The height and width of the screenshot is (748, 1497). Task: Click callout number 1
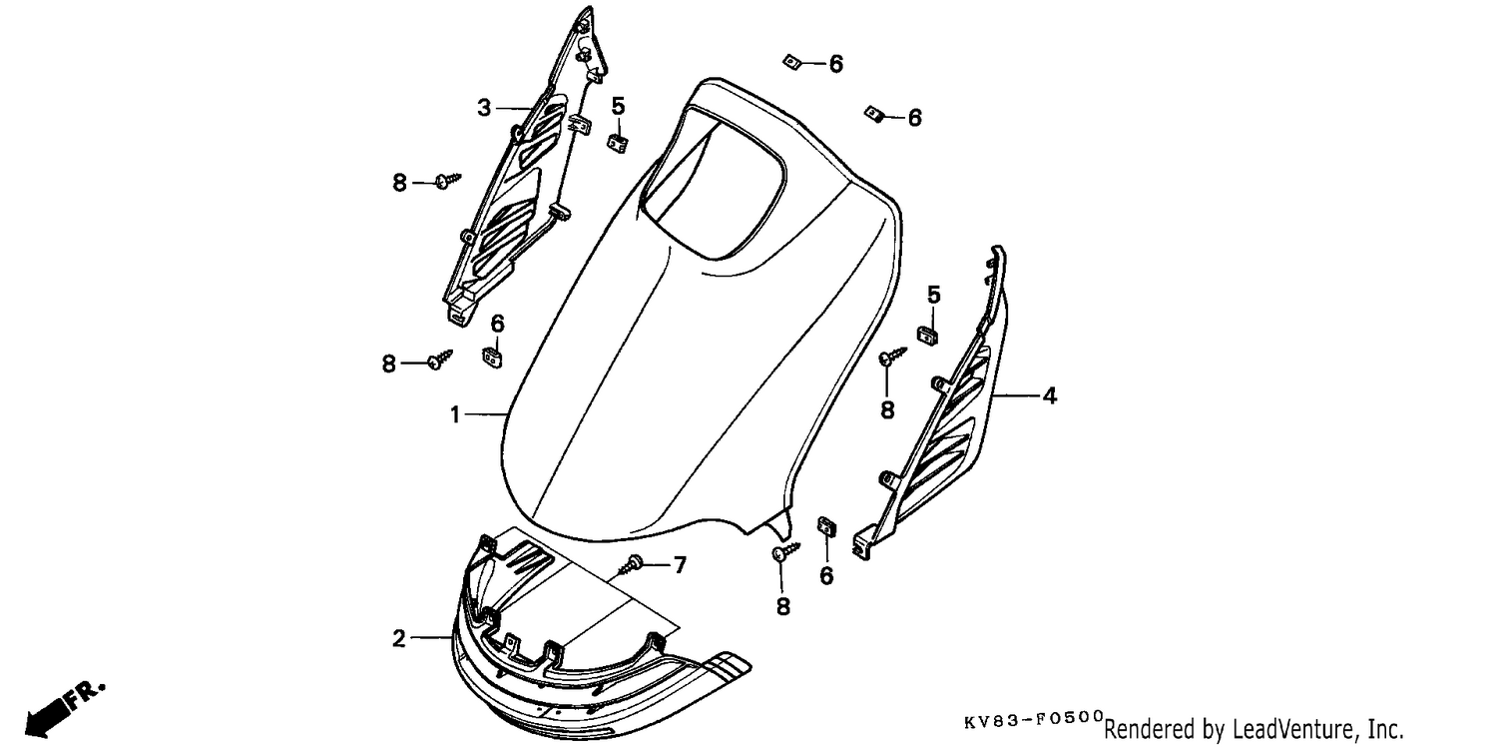(x=455, y=415)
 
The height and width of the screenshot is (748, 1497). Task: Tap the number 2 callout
(x=399, y=638)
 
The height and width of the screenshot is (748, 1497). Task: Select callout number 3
(x=484, y=108)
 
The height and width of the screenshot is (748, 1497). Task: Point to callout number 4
(x=1050, y=395)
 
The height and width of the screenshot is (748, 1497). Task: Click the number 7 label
(x=680, y=565)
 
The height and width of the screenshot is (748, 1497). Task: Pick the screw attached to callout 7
(x=630, y=564)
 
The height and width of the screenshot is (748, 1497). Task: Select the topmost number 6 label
(x=836, y=64)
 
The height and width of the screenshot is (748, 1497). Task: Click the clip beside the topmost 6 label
(x=792, y=62)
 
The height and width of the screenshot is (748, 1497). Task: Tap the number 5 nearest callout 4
(x=933, y=295)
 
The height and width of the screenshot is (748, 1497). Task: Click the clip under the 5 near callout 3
(x=618, y=143)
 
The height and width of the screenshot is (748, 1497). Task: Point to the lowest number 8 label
(x=783, y=607)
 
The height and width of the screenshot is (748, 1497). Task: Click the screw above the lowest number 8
(x=785, y=552)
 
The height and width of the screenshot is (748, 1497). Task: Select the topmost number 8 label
(x=399, y=183)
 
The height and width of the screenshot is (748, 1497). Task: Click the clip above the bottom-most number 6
(x=826, y=526)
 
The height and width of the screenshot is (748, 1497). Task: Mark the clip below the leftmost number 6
(x=493, y=358)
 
